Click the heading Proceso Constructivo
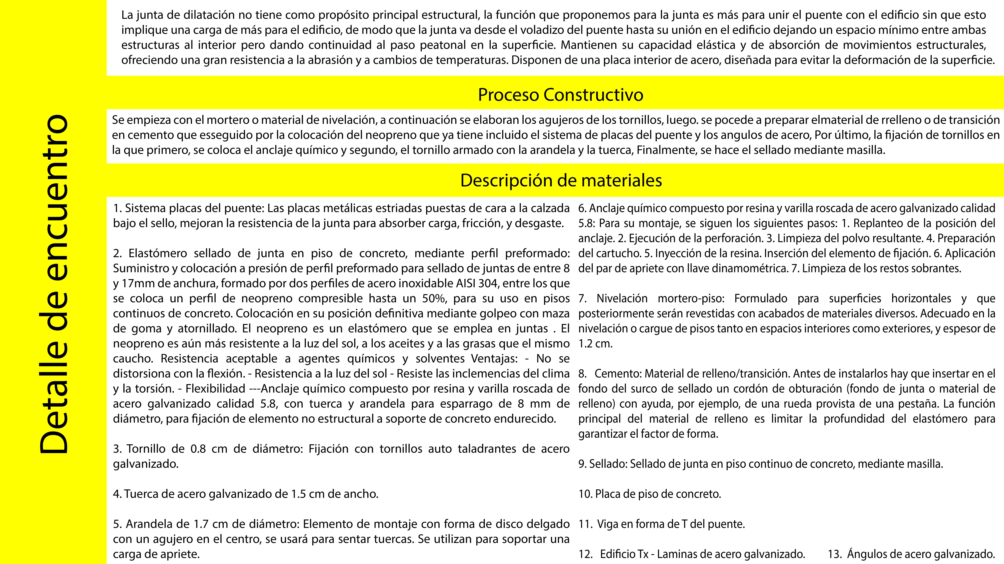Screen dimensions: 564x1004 (x=560, y=95)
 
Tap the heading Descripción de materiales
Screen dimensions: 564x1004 (x=561, y=181)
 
